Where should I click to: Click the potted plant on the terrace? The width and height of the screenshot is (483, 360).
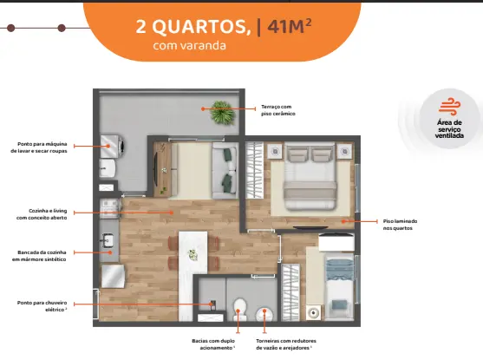222,112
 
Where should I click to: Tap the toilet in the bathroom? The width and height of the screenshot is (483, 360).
239,310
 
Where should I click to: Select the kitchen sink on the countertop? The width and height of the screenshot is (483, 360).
108,240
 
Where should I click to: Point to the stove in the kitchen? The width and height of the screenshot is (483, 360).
110,208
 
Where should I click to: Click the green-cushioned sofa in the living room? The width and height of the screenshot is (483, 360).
225,170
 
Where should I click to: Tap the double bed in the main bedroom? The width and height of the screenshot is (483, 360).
310,176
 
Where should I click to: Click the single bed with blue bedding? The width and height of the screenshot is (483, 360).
339,286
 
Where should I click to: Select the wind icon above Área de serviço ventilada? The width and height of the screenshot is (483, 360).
450,107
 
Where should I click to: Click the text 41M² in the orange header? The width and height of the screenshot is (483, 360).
290,26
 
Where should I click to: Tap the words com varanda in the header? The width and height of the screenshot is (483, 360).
189,46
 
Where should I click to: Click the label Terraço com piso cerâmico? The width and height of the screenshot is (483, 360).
278,110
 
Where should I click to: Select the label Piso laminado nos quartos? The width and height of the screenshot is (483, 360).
400,225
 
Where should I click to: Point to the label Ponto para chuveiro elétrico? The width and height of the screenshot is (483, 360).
42,306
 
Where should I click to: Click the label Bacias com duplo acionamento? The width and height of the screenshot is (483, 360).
213,344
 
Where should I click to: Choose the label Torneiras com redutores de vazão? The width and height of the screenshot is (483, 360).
286,344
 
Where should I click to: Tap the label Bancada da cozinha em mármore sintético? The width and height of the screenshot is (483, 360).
39,256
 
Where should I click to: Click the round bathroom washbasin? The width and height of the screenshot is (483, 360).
264,314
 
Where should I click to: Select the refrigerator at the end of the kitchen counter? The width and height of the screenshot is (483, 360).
113,276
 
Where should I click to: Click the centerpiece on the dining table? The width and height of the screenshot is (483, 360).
193,255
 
